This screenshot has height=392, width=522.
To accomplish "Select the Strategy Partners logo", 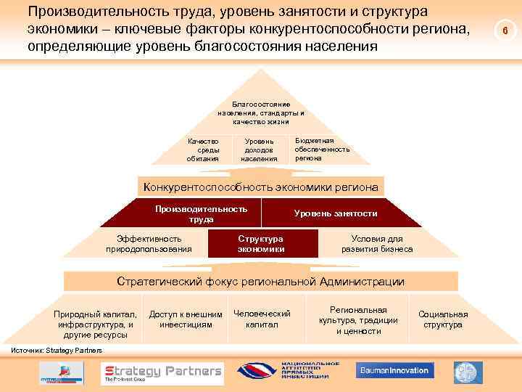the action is point(161,372).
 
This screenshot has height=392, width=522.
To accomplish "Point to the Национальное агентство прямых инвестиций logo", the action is point(288,370).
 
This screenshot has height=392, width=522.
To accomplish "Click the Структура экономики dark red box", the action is point(261,244).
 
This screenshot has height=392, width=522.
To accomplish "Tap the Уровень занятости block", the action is point(335,213).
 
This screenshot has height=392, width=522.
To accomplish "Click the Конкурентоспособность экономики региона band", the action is point(260,187).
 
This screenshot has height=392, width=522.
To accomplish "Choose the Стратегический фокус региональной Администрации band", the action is point(261,282).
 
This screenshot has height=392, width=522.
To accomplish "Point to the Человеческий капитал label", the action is point(262,319).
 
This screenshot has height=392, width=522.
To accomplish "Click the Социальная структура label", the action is point(443,319).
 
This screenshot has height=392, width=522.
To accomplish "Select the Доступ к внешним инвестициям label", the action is point(186,319).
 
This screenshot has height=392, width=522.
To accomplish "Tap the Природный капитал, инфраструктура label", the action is point(94,324).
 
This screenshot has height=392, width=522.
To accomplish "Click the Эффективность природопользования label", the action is point(149,244).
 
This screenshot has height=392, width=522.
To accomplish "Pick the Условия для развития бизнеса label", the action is point(377,244).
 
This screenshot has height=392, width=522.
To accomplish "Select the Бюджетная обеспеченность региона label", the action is point(322,148).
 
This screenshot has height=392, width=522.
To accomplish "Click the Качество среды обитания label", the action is point(202,150).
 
